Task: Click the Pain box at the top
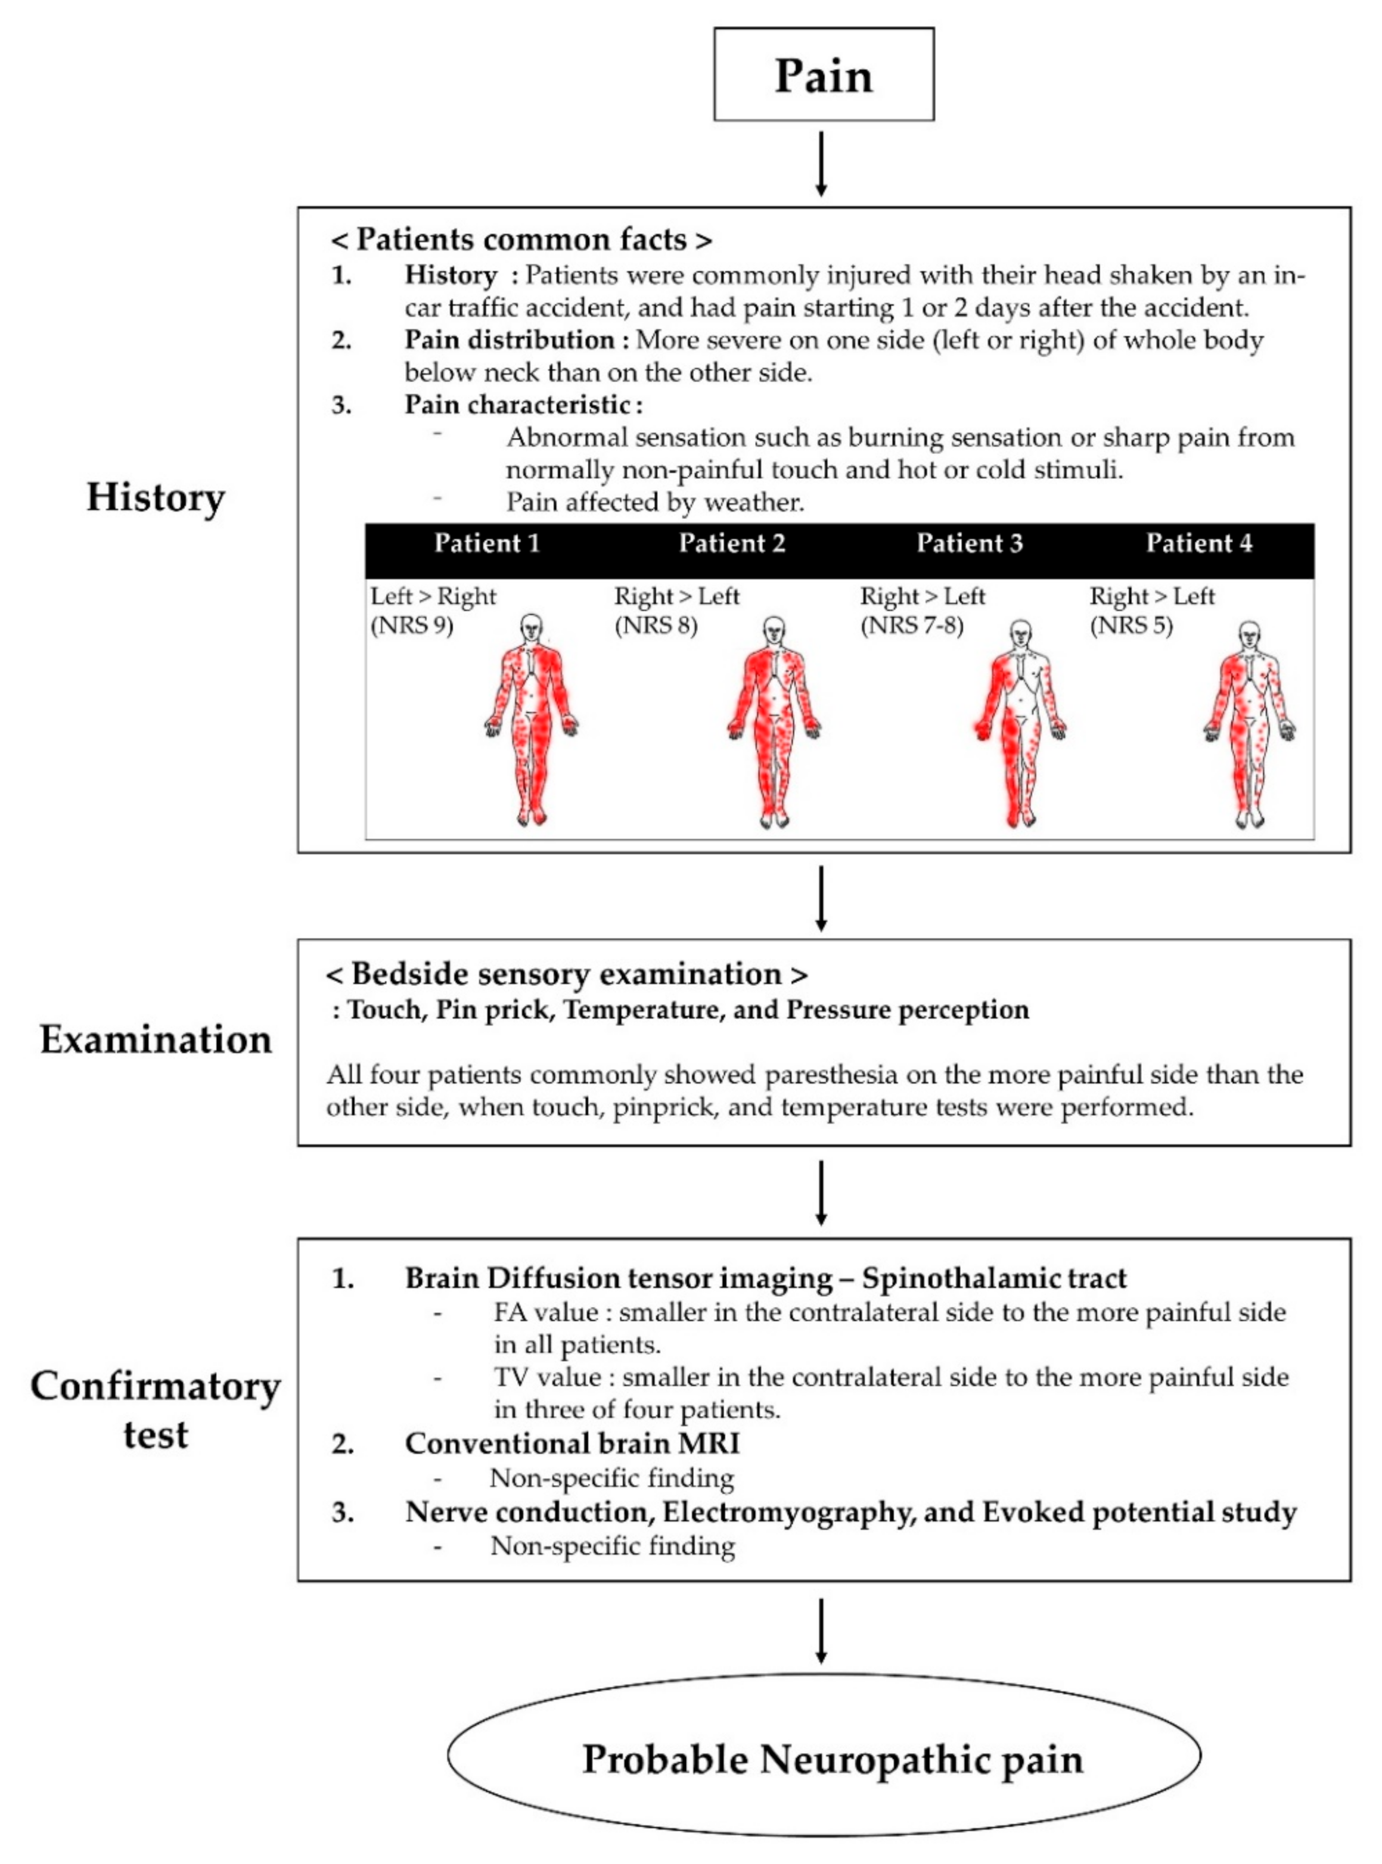click(823, 74)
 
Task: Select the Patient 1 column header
click(486, 543)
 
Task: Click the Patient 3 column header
click(969, 543)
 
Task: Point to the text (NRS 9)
click(412, 626)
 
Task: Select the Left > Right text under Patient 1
click(433, 597)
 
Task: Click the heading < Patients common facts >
click(521, 240)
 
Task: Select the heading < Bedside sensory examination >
click(567, 974)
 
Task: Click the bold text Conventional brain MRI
click(572, 1443)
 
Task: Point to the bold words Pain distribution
click(510, 340)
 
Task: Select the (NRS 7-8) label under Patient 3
click(911, 626)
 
